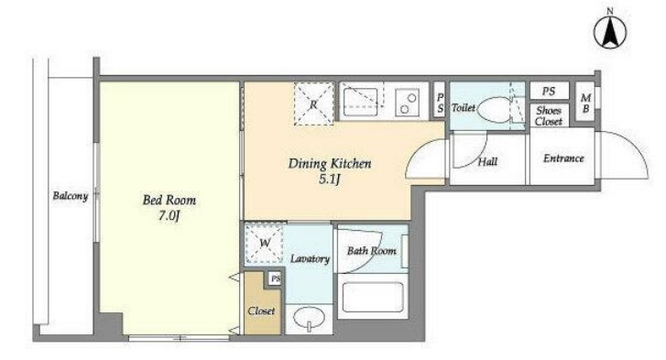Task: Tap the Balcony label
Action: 71,196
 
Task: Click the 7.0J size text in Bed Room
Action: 169,215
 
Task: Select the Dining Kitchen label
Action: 330,163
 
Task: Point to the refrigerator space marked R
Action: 314,104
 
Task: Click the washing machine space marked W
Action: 264,244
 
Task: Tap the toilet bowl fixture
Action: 495,110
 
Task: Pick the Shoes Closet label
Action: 549,116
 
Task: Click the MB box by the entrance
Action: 585,103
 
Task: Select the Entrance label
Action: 563,158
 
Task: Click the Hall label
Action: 487,161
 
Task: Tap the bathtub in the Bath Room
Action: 373,297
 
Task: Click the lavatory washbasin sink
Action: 309,317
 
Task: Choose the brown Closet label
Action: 261,311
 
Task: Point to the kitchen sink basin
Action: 360,103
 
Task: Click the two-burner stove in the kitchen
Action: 408,103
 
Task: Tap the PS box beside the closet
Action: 276,278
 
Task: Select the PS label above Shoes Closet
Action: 549,91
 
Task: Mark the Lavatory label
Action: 310,258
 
